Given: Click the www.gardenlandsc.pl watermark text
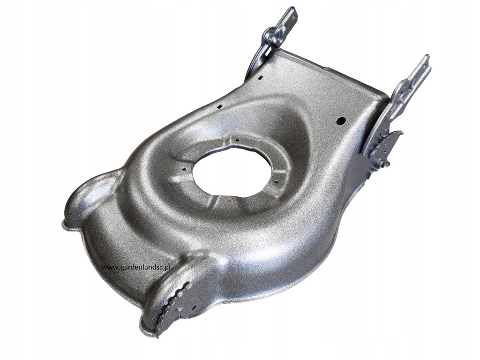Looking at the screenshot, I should pos(136,267).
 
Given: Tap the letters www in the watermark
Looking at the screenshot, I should pos(108,267).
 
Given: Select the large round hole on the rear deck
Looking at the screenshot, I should pos(341,120).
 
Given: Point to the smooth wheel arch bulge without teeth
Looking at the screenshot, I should pos(89,197).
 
